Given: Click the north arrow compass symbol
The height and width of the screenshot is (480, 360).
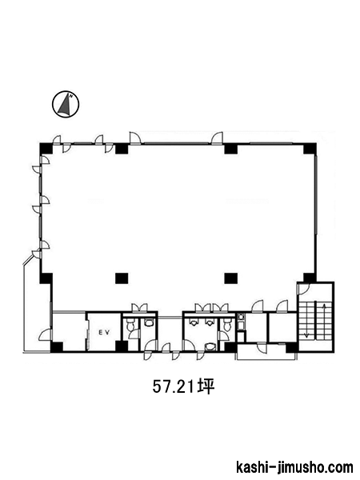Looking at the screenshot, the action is click(x=66, y=104).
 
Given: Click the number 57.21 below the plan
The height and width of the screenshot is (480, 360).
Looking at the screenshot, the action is click(x=174, y=387).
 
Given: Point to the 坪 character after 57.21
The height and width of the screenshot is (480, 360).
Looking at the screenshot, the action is click(x=206, y=387).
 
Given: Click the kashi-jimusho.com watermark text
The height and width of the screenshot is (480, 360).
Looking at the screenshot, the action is click(x=294, y=467).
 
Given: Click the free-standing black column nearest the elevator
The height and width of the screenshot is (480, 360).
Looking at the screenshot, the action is click(x=122, y=278).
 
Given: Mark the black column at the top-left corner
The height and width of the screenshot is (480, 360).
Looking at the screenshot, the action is click(x=46, y=149).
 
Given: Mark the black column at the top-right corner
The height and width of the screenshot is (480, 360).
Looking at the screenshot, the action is click(x=310, y=149).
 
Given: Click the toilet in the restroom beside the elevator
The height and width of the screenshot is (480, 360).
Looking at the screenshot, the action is click(x=130, y=324).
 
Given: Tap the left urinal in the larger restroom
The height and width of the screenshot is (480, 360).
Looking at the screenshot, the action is click(x=194, y=322).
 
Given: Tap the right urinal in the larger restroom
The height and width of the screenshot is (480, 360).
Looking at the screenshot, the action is click(x=210, y=322).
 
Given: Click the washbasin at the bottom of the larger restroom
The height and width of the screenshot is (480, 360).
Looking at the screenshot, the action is click(x=210, y=346).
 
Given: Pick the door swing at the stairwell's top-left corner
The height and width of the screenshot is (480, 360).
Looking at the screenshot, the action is click(x=305, y=289).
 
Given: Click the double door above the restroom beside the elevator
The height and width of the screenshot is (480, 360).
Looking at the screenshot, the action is click(x=139, y=307).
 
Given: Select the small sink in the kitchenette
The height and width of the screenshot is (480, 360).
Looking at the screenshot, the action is click(x=241, y=317).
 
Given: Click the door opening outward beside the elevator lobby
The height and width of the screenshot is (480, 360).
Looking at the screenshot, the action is click(x=46, y=334).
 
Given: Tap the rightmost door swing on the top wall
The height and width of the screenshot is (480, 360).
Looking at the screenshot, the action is click(x=217, y=138).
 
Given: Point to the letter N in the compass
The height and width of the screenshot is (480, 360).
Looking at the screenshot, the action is click(x=71, y=96).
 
